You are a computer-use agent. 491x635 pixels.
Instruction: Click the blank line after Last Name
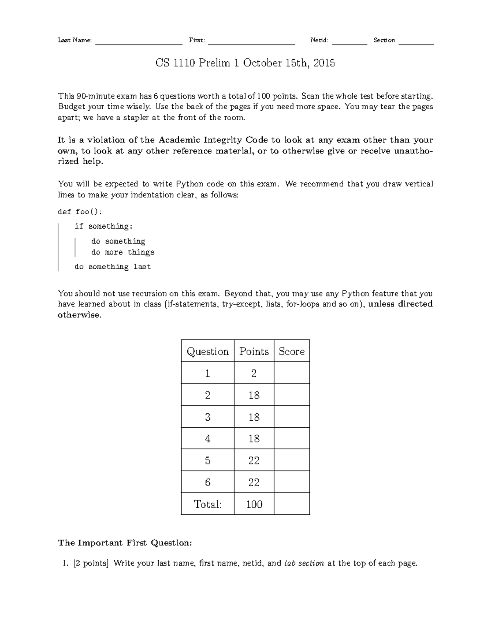139,43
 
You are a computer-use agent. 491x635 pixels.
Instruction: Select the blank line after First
251,43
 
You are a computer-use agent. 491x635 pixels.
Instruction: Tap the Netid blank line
349,43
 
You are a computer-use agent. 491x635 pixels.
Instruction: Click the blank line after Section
416,43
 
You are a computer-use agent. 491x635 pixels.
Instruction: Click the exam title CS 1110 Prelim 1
245,63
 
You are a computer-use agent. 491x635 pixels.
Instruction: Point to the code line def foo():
80,212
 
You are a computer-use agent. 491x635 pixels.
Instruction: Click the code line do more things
123,252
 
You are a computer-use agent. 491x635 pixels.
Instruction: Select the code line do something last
113,267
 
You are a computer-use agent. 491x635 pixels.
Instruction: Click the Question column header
207,352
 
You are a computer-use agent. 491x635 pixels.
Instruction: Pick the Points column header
254,352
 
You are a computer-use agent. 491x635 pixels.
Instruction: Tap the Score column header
291,352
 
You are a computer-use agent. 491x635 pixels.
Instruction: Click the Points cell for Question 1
254,373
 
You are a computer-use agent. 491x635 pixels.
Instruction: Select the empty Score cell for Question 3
291,417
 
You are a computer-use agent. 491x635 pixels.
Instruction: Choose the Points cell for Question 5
254,461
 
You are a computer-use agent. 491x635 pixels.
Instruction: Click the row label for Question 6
207,482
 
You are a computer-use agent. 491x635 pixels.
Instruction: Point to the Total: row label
207,505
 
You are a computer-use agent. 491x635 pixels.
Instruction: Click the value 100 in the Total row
254,505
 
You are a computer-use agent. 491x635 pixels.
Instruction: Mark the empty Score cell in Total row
291,505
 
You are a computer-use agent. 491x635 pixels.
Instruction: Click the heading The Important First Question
125,543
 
